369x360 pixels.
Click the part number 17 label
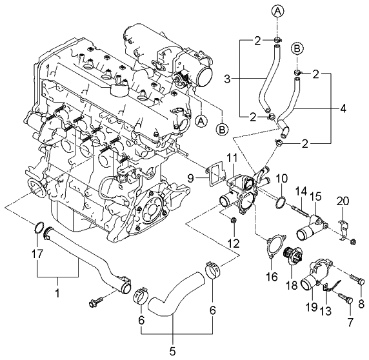tap(37, 254)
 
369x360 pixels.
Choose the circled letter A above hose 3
tap(275, 11)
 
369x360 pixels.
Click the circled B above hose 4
tap(298, 49)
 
